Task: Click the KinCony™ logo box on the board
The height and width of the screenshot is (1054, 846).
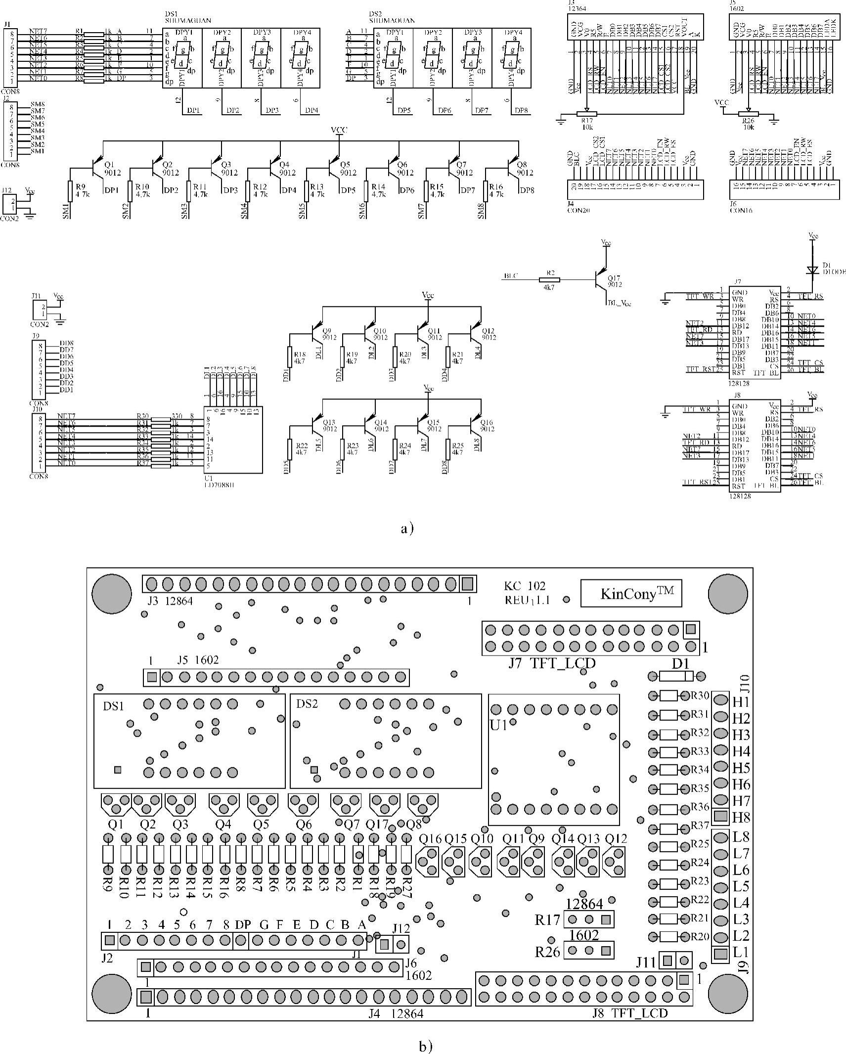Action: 630,593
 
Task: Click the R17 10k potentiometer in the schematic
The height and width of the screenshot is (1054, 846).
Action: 586,114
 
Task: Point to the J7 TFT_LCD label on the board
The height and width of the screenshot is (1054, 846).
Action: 552,663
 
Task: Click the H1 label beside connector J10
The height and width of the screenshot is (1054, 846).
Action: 741,702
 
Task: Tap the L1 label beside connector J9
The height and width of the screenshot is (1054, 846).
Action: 741,951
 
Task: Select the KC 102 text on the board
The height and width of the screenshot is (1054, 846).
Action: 525,586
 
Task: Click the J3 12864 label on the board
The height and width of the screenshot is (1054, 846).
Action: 168,601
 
